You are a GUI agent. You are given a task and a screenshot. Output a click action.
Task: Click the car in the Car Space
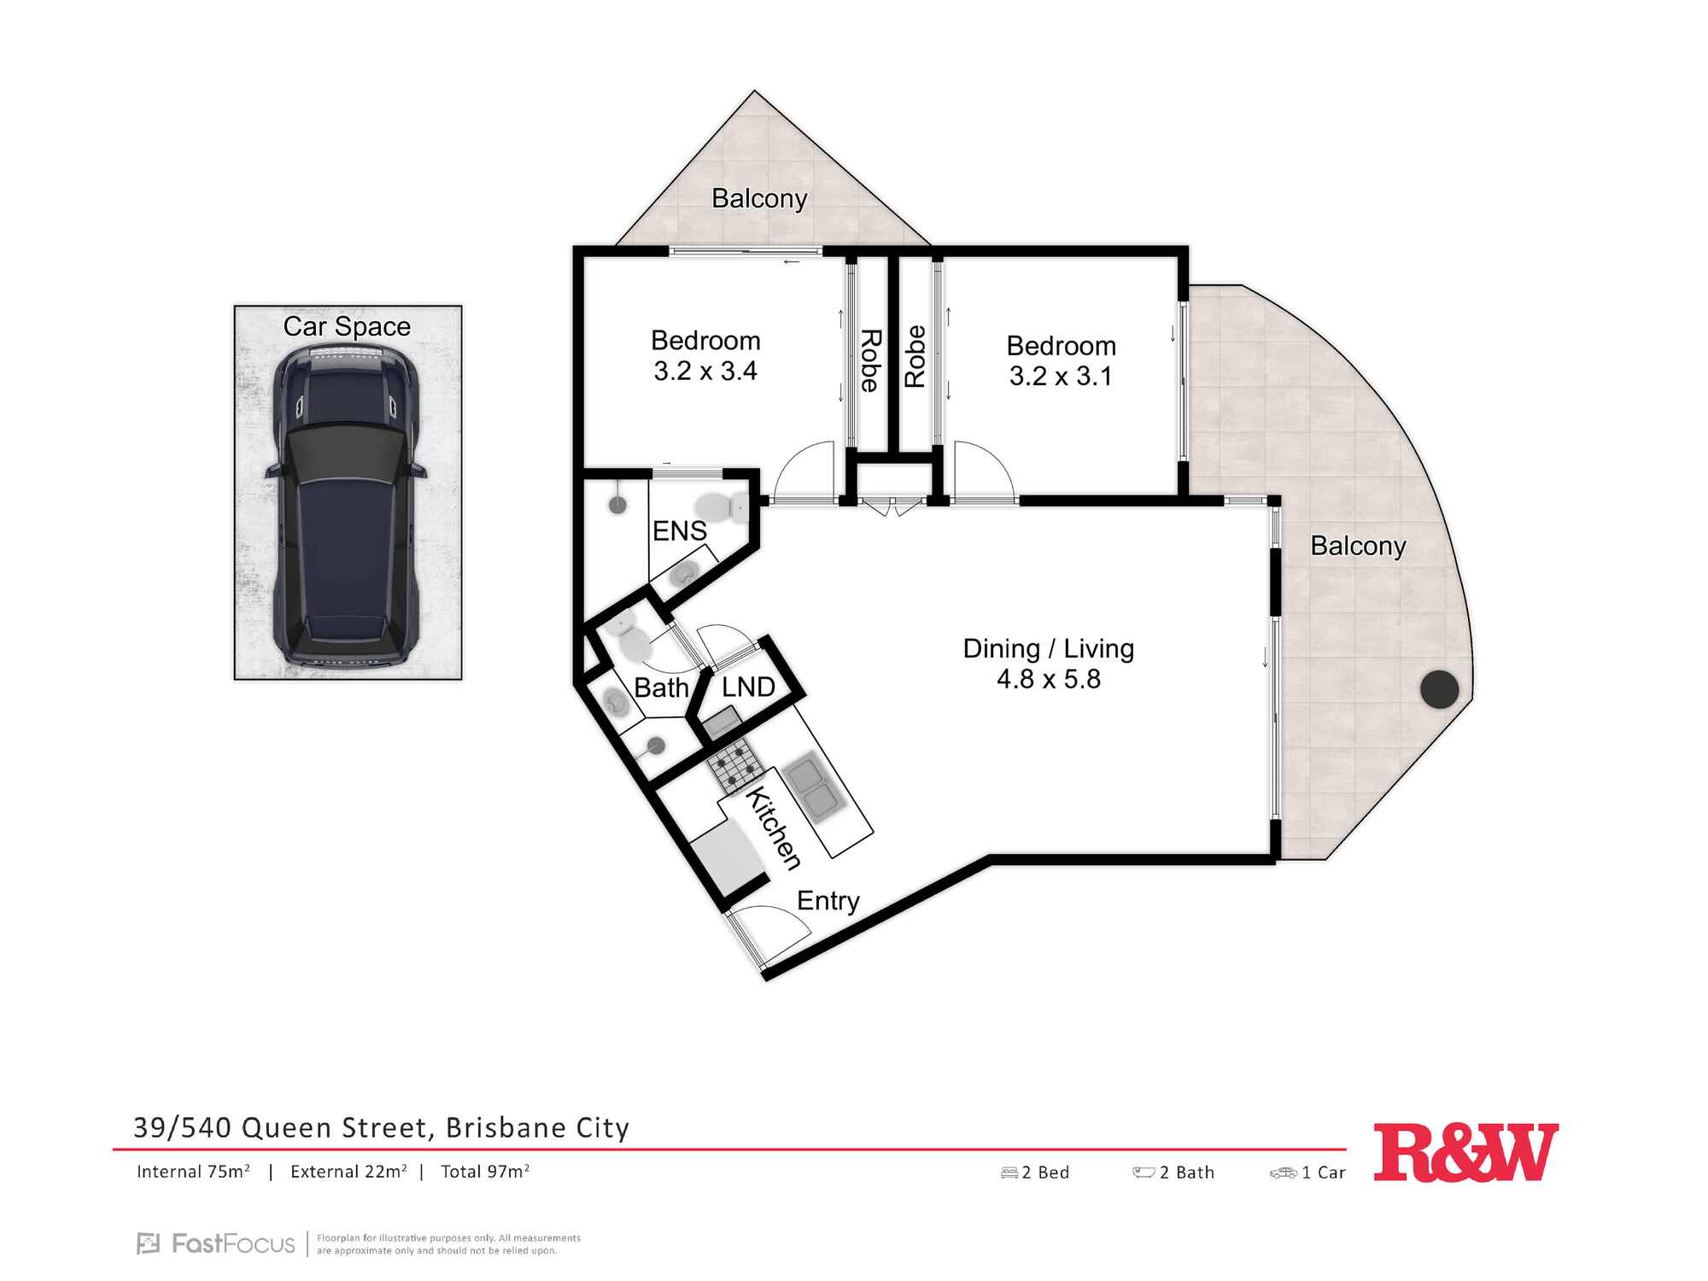346,504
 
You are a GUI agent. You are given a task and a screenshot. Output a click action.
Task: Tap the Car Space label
347,326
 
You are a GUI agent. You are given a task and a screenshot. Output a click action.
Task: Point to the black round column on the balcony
1440,689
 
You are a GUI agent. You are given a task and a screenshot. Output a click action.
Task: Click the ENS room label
680,531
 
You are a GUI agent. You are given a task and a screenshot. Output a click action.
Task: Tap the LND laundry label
748,687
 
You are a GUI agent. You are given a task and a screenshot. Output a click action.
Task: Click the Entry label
828,901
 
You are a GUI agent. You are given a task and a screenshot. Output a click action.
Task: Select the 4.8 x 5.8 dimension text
1049,679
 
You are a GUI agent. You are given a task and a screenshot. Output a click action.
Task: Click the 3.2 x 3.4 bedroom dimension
705,371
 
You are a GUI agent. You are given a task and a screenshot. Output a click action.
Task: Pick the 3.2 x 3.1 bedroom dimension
1061,376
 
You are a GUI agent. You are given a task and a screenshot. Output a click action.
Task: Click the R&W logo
1465,1153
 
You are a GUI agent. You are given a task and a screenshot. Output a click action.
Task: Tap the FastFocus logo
216,1243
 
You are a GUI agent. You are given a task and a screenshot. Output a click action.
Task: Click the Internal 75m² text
193,1172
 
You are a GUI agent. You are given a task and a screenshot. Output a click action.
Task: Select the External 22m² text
348,1172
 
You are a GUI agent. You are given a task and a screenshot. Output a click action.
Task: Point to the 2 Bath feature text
1187,1173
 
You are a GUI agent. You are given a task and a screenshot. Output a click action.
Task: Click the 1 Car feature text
1324,1173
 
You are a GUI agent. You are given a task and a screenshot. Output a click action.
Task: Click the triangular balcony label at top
759,198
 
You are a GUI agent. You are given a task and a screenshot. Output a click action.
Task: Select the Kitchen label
774,828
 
